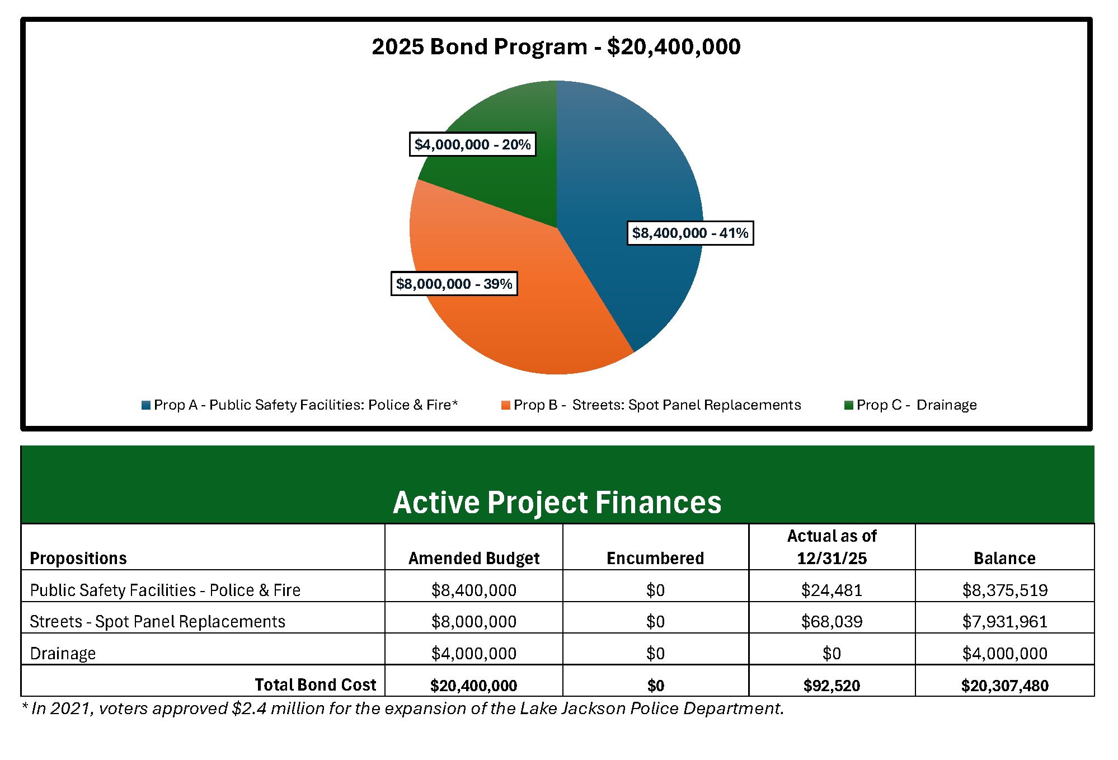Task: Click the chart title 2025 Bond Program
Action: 556,46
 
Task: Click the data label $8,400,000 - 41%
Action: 689,233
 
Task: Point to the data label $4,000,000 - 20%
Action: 472,144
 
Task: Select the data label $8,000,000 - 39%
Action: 454,284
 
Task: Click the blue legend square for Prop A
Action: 146,405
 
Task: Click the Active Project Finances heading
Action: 557,502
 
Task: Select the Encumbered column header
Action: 655,558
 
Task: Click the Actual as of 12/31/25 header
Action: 832,547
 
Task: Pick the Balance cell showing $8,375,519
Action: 1004,590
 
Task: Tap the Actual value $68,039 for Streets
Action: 832,621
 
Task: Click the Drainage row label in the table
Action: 63,653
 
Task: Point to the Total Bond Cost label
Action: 315,684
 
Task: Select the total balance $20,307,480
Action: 1004,686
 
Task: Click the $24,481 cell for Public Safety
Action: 832,590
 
